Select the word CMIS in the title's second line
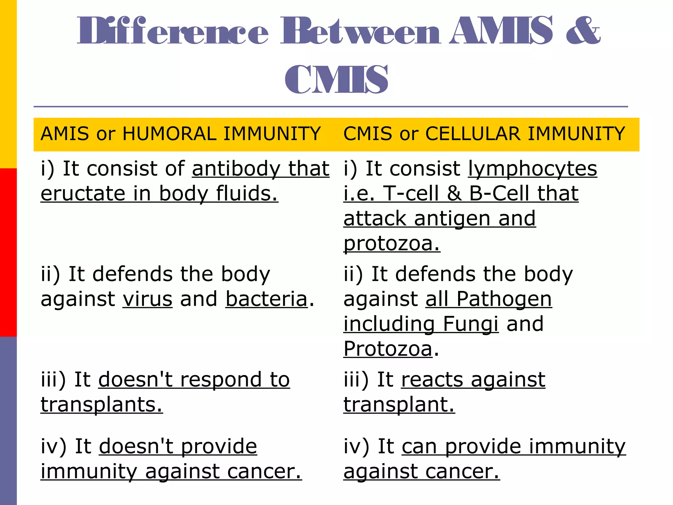click(336, 79)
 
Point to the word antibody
click(236, 169)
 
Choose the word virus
click(148, 299)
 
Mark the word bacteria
click(267, 299)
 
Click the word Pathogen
click(504, 299)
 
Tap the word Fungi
click(471, 324)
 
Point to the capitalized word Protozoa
click(388, 349)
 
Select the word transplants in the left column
click(102, 405)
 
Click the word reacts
click(432, 380)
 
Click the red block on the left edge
click(8, 252)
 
